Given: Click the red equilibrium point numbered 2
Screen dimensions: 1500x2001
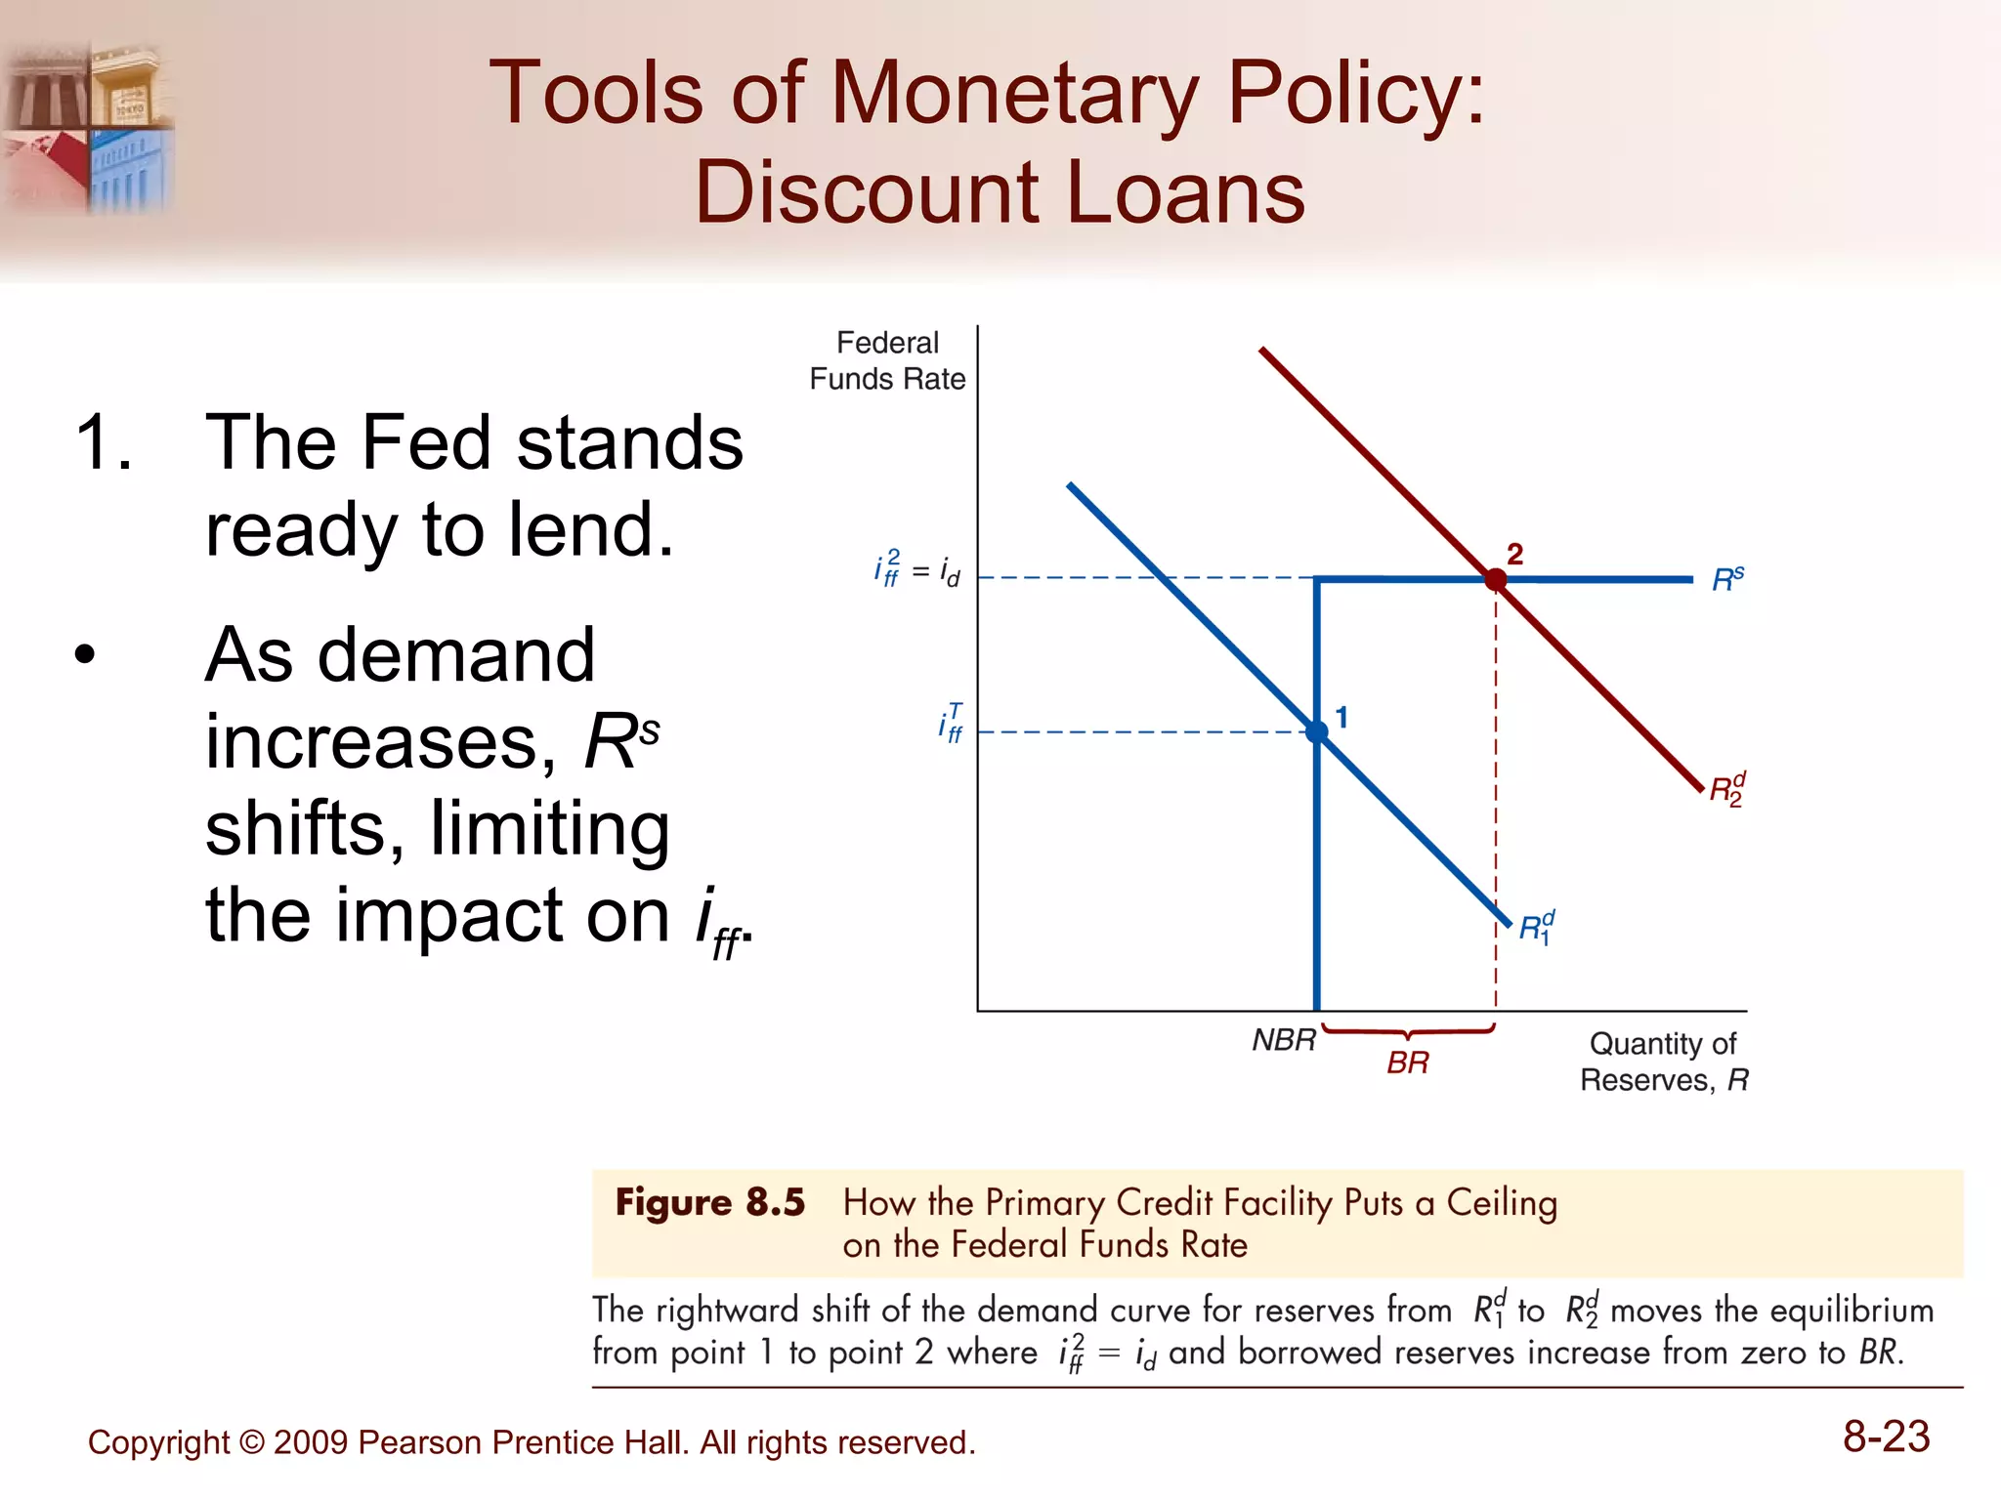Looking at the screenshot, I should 1495,580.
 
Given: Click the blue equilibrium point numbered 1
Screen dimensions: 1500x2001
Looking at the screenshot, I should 1317,731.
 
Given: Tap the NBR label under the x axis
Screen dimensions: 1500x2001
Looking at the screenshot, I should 1284,1040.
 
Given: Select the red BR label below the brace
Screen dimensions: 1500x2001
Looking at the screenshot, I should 1407,1062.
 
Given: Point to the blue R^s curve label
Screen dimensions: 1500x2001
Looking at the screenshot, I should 1727,579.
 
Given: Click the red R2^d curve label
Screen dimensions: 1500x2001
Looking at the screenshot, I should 1726,789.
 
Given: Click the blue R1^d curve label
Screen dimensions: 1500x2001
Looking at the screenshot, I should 1536,928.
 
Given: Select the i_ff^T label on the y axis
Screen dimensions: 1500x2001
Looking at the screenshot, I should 950,724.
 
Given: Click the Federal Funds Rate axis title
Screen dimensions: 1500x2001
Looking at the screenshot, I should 887,360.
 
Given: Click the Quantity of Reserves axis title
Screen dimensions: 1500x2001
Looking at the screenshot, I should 1663,1062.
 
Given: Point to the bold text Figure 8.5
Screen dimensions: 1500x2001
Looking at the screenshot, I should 709,1202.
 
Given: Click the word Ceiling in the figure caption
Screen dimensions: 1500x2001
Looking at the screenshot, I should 1502,1202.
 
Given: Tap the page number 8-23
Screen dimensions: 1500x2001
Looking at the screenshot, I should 1886,1437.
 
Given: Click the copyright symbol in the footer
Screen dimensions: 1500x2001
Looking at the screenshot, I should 251,1442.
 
